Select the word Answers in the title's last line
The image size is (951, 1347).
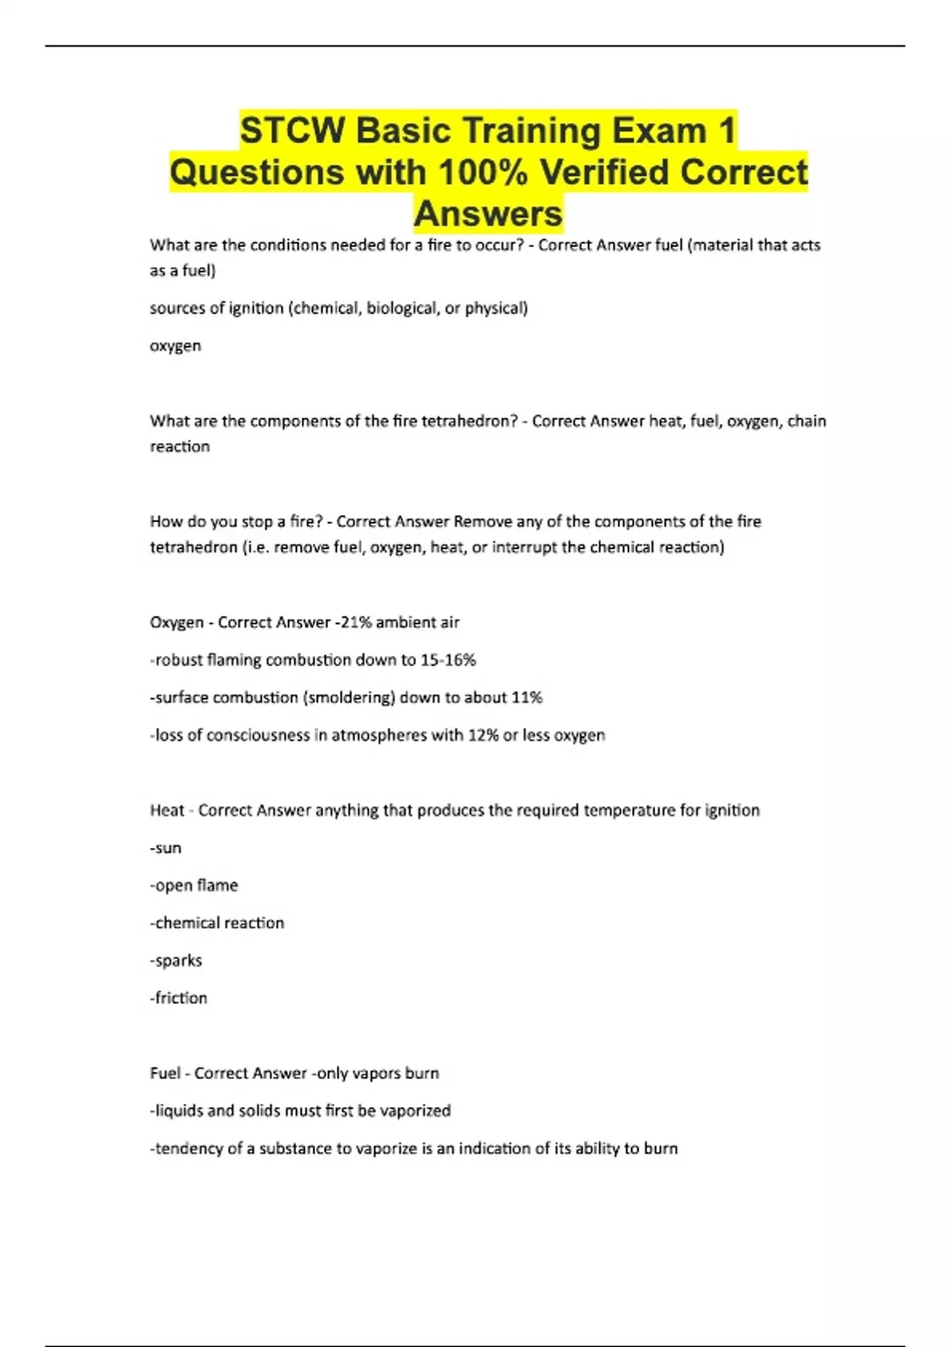point(488,213)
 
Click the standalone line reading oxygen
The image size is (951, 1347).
point(175,345)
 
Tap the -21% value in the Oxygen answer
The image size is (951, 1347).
point(353,622)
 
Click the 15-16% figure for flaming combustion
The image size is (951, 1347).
point(448,659)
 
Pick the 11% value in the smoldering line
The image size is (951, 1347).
point(527,697)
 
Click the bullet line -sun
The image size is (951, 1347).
point(166,848)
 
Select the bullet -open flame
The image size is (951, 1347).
point(194,885)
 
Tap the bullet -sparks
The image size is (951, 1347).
point(176,960)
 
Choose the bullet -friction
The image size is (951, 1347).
point(178,998)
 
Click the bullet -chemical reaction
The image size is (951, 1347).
point(217,922)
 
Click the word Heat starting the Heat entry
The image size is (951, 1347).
point(166,810)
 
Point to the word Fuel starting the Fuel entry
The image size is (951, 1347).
point(165,1073)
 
